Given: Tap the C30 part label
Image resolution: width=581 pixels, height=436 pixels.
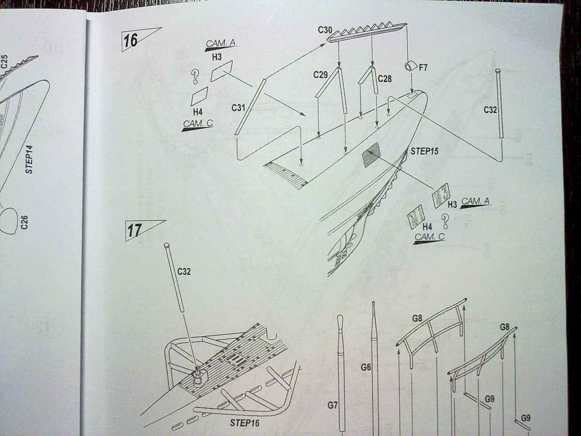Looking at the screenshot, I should click(x=325, y=30).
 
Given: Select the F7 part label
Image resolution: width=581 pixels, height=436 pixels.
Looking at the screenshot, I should click(x=423, y=67).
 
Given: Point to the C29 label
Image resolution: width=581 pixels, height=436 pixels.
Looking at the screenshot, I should click(x=321, y=75).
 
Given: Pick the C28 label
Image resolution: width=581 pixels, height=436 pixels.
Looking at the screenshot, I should click(x=384, y=78).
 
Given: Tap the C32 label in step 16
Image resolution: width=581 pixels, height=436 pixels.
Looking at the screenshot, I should click(x=490, y=110).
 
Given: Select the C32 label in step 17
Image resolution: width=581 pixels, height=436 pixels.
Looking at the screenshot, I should click(x=184, y=272).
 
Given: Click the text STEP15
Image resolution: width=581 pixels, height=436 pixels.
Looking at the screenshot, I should click(x=425, y=151).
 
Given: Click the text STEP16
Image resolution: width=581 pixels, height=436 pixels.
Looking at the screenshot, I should click(x=245, y=423).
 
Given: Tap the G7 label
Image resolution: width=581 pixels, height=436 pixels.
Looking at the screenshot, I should click(x=333, y=405).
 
